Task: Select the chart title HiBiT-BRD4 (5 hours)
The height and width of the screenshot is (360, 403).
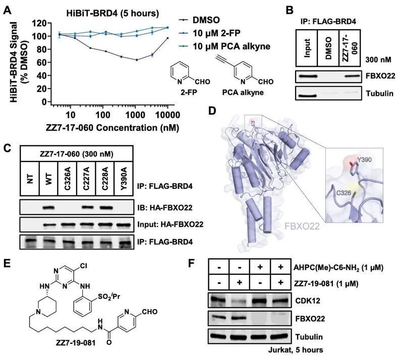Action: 112,13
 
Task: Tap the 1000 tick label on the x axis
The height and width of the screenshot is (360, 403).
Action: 136,115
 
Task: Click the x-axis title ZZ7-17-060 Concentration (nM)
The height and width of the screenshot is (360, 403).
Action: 112,128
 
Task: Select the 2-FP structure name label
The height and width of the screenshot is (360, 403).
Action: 189,92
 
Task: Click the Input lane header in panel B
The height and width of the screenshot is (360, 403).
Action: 307,48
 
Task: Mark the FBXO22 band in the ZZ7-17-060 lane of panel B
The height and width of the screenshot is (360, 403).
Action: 350,76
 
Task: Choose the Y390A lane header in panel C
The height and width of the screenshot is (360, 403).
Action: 124,178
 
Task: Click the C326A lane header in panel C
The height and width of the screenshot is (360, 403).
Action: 68,178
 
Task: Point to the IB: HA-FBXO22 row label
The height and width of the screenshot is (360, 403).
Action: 165,208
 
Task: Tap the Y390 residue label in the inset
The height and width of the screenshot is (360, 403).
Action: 364,160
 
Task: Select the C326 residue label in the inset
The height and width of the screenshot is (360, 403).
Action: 343,192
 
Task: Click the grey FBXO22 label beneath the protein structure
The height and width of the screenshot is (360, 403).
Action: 302,226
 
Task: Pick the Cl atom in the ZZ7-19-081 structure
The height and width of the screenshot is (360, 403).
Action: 83,265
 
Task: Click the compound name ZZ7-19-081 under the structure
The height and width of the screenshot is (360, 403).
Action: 76,343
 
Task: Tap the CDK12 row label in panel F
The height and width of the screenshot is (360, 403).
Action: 308,300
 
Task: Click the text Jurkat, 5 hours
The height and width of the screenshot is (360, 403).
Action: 296,350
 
